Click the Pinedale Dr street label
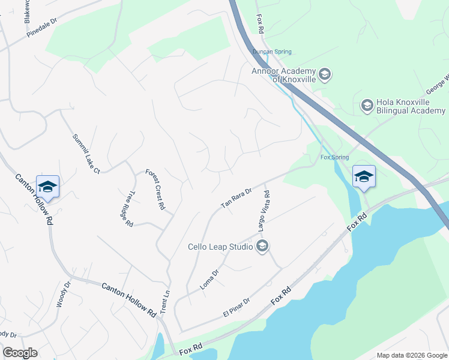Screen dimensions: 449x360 (41, 28)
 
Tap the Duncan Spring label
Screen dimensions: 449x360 (271, 52)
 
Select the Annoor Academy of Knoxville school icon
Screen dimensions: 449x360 (325, 75)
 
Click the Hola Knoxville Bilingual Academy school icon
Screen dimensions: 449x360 (367, 106)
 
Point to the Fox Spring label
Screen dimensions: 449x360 (334, 157)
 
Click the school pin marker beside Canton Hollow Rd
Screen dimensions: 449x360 (48, 187)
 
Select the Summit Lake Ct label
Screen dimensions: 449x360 (86, 154)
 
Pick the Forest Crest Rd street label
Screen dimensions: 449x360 (155, 189)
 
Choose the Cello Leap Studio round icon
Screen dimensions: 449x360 (262, 246)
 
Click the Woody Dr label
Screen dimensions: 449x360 (63, 293)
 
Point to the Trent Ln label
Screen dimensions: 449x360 (166, 301)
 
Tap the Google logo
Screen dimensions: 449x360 (20, 353)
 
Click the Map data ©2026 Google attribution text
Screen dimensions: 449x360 (411, 355)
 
